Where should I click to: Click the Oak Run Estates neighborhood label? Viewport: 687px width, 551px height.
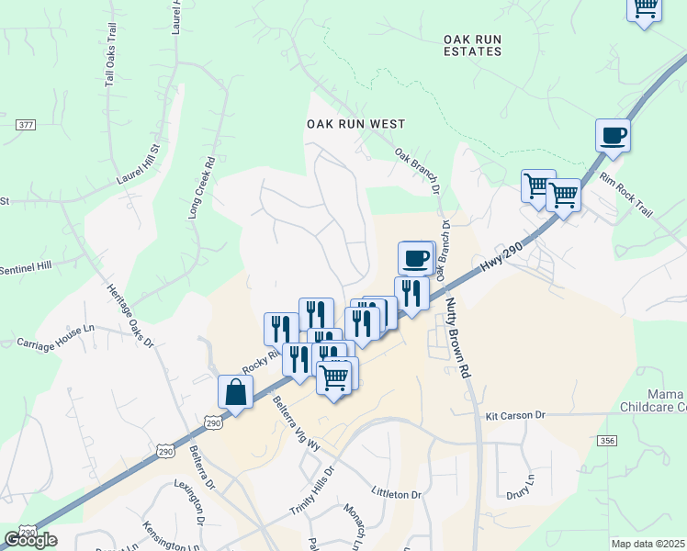point(472,45)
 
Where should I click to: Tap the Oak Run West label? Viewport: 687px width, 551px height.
point(355,123)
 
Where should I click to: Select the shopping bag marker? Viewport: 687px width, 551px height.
point(236,392)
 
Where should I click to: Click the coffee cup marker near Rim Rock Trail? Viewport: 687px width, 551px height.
point(613,136)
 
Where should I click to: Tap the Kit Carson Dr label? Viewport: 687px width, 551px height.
point(515,416)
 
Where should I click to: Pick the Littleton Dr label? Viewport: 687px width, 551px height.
point(396,492)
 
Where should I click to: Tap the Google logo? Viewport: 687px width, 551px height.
point(30,539)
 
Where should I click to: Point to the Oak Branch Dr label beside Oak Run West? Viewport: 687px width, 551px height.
point(419,171)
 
